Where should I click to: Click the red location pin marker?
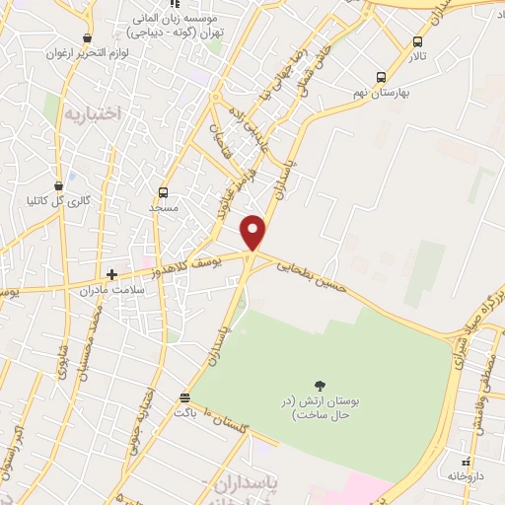point(253,231)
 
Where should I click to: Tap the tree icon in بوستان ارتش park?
point(319,386)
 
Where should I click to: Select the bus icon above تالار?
point(418,42)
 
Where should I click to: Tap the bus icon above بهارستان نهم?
point(381,76)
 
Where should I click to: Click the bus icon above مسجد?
point(163,192)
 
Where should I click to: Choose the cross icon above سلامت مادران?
point(111,274)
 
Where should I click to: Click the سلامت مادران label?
point(114,290)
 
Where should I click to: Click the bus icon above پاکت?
point(184,398)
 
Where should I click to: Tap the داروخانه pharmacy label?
point(468,476)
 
